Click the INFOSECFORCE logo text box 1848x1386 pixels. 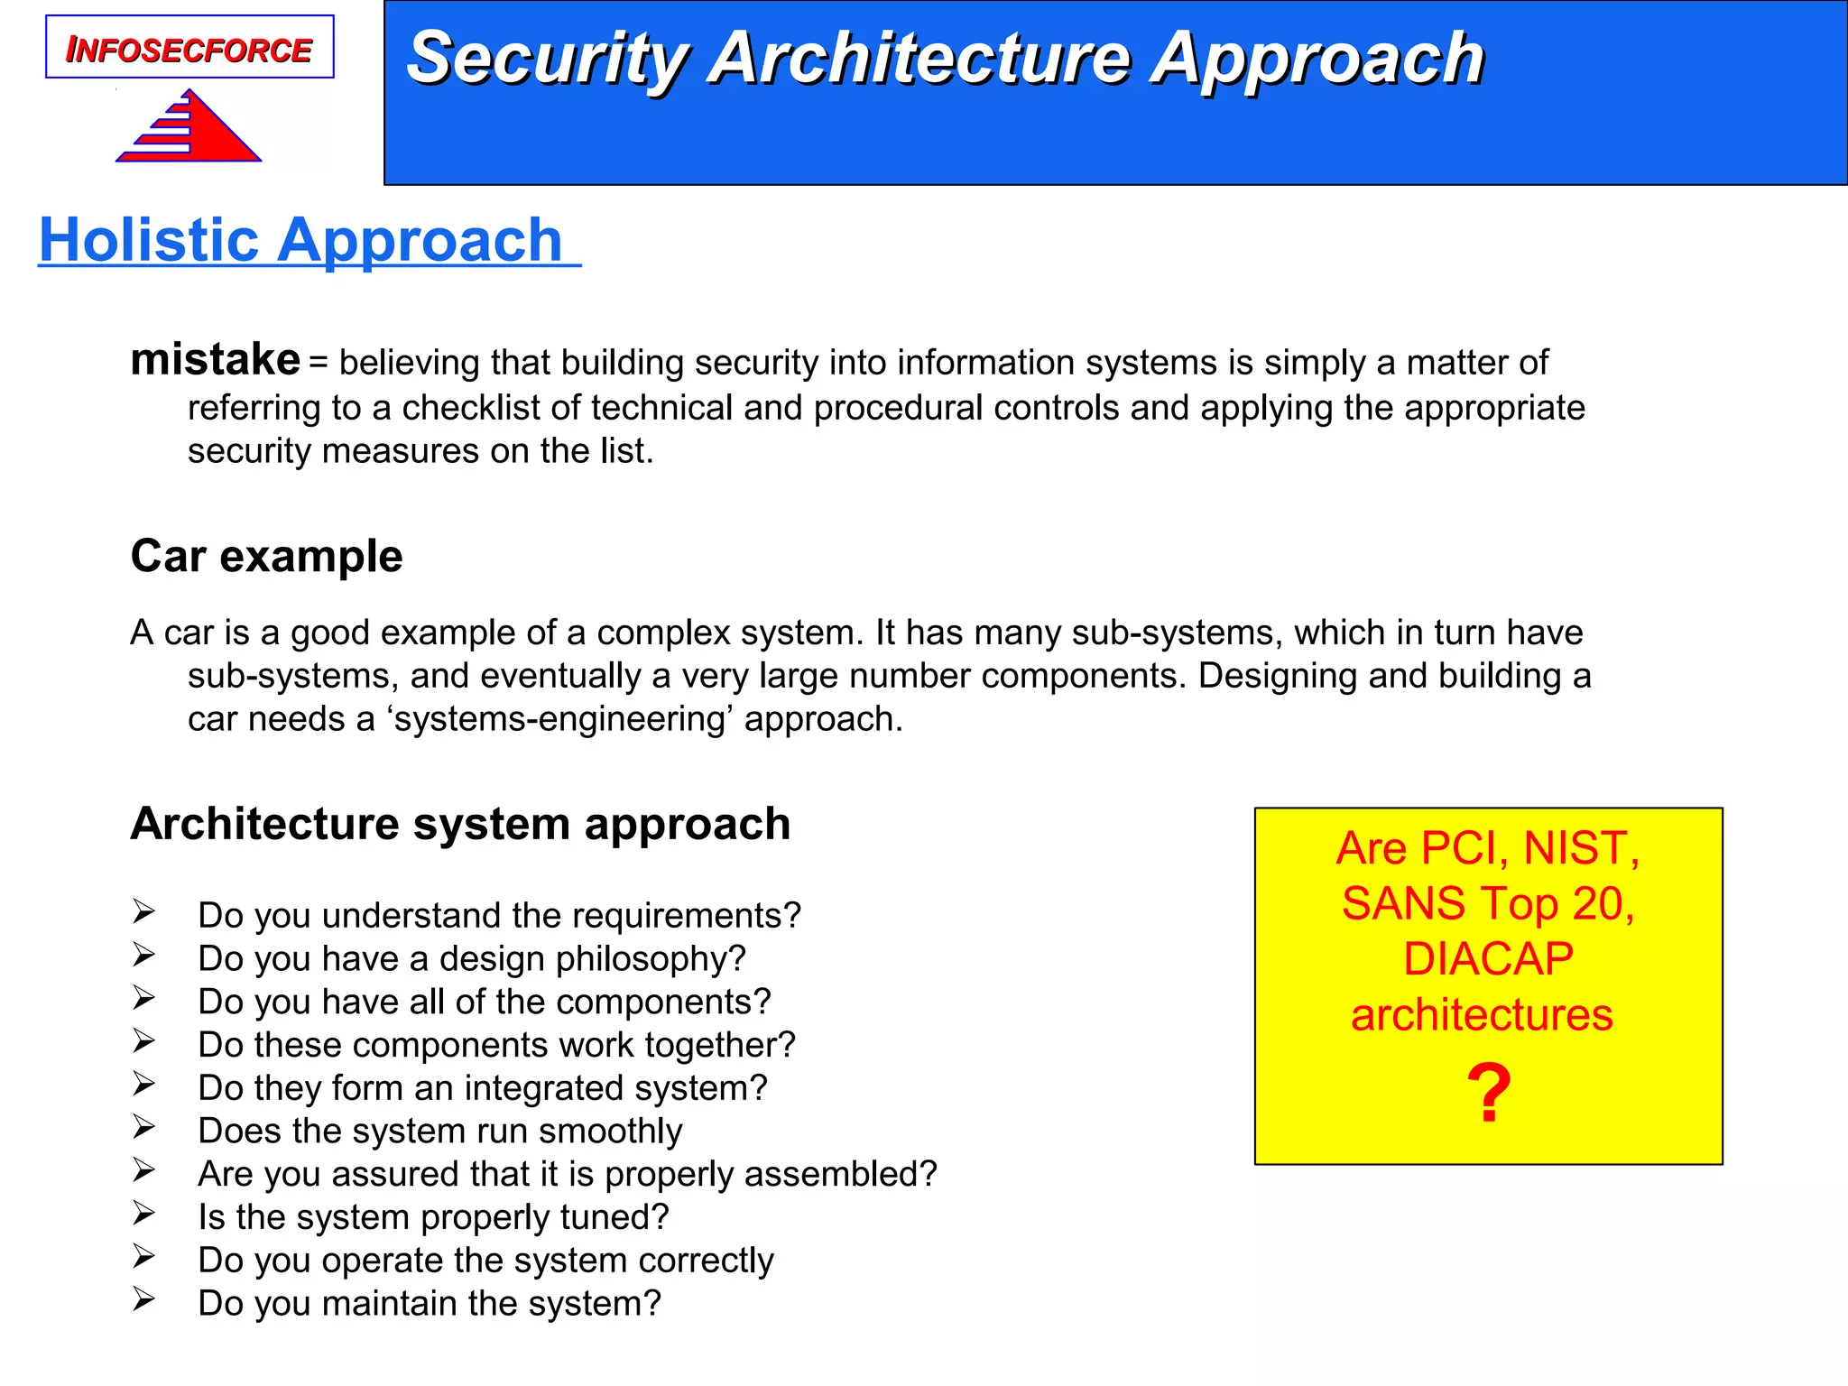pyautogui.click(x=189, y=48)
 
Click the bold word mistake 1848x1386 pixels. pyautogui.click(x=215, y=359)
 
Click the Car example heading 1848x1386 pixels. pyautogui.click(x=266, y=556)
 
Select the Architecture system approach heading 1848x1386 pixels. pyautogui.click(x=460, y=824)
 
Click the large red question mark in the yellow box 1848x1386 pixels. pyautogui.click(x=1488, y=1094)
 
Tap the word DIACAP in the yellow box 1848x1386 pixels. pyautogui.click(x=1488, y=959)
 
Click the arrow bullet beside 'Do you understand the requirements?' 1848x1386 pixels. pyautogui.click(x=144, y=911)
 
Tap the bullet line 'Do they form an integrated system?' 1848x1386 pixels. pyautogui.click(x=483, y=1088)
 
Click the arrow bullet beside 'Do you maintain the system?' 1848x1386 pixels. pyautogui.click(x=144, y=1299)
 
